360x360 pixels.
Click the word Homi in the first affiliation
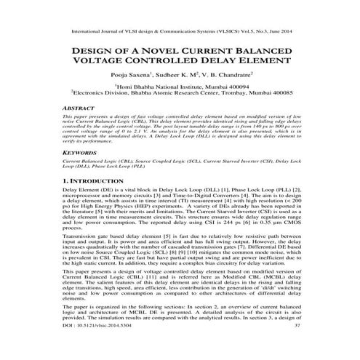tap(127, 86)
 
